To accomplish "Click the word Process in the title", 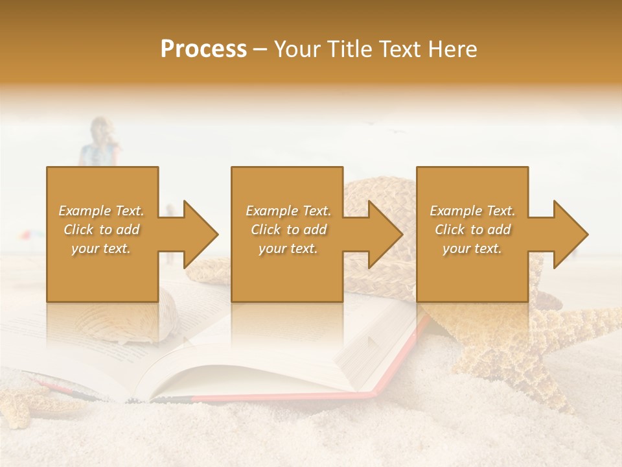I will point(203,49).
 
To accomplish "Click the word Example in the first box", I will point(84,211).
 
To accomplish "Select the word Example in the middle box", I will point(271,211).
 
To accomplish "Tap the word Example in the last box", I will point(455,211).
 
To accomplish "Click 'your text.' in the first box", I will point(101,248).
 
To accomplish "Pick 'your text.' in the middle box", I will point(288,248).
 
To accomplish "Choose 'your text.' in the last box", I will point(472,248).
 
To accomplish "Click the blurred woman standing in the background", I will point(100,143).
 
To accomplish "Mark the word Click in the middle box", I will point(266,230).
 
